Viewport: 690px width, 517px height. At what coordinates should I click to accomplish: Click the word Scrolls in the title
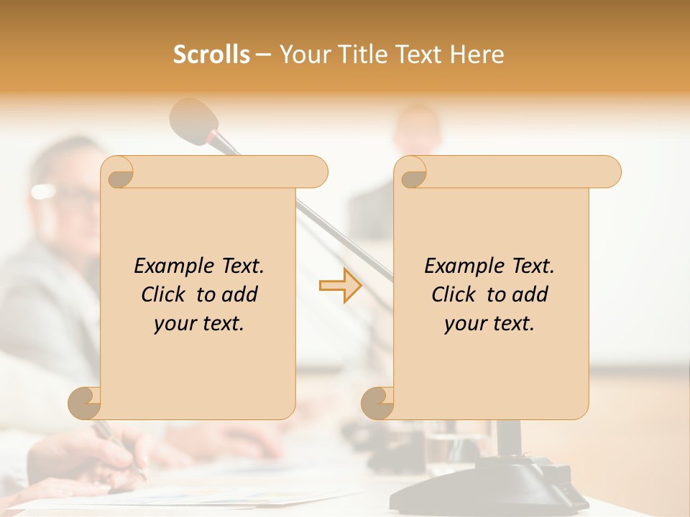[x=211, y=55]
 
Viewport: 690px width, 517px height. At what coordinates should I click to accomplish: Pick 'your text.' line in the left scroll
[x=198, y=323]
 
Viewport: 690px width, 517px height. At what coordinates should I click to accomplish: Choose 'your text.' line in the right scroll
[x=489, y=323]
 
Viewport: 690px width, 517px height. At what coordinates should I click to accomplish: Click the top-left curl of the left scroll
[x=119, y=173]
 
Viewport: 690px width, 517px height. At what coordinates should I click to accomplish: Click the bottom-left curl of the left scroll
[x=85, y=403]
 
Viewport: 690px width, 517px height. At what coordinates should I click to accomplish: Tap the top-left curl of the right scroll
[x=412, y=173]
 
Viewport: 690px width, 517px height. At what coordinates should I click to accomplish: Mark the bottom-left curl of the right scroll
[x=378, y=403]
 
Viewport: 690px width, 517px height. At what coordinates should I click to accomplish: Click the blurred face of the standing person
[x=418, y=129]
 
